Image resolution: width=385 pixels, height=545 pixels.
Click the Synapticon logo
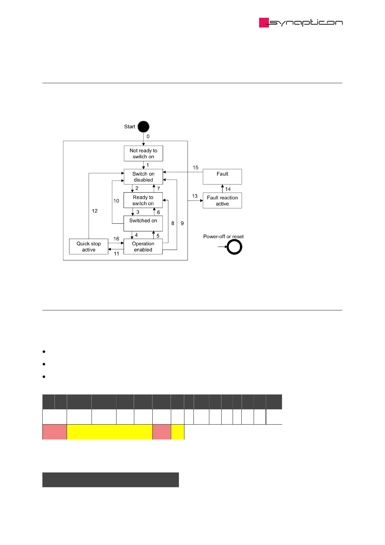(301, 23)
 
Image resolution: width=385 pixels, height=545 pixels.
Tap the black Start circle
(143, 127)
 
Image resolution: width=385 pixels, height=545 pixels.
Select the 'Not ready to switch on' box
(143, 153)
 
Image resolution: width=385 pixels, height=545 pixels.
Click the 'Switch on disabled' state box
(143, 177)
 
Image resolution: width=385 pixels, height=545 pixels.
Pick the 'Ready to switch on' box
(143, 200)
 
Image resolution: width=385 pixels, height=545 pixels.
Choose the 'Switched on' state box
(143, 223)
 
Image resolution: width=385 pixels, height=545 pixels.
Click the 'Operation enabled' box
(143, 247)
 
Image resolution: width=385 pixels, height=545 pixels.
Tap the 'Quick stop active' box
(89, 247)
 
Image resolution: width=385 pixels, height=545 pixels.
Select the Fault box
(222, 177)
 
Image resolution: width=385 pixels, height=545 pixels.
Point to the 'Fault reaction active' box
(222, 201)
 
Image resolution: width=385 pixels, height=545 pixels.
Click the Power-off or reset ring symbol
(234, 247)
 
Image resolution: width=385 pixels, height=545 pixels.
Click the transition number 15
(195, 168)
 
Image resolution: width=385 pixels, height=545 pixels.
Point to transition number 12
(94, 211)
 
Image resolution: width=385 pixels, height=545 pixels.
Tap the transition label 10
(116, 201)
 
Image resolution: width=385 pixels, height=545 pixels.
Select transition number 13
(194, 196)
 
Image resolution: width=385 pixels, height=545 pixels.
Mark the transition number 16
(116, 239)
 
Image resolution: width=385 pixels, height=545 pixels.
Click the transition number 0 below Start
(148, 137)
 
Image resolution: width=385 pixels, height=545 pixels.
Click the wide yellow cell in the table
(109, 432)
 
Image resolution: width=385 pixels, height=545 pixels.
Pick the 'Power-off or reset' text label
(223, 237)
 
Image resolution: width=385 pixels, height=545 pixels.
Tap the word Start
(129, 127)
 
